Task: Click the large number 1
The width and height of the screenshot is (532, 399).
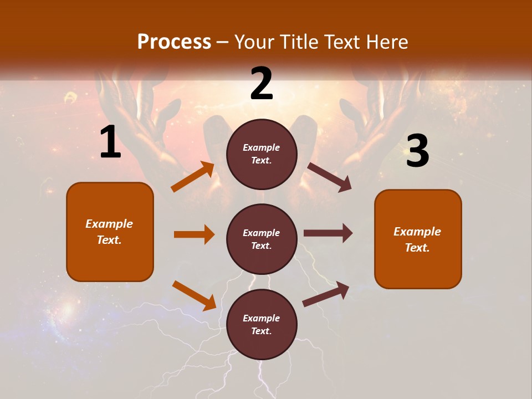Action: coord(110,143)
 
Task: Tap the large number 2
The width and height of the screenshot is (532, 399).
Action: coord(262,84)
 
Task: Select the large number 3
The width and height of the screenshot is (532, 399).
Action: coord(417,151)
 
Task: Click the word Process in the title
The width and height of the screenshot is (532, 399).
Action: coord(174,42)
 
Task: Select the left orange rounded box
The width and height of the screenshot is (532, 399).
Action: coord(110,232)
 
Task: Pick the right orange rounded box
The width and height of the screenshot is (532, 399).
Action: coord(418,239)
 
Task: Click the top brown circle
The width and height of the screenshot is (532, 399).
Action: coord(262,154)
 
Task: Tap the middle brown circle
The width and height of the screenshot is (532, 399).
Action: coord(262,239)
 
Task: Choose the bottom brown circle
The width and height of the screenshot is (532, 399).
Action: coord(262,324)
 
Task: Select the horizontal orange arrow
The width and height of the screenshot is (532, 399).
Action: coord(194,234)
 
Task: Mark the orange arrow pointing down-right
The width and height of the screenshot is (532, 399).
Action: coord(195,295)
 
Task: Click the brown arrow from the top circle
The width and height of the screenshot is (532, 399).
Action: coord(330,177)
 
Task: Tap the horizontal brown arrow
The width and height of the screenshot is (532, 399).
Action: coord(328,233)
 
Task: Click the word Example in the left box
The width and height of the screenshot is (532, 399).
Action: coord(109,224)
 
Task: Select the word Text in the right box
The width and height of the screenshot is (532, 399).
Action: coord(417,248)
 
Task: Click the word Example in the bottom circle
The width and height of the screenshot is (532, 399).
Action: coord(262,318)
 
